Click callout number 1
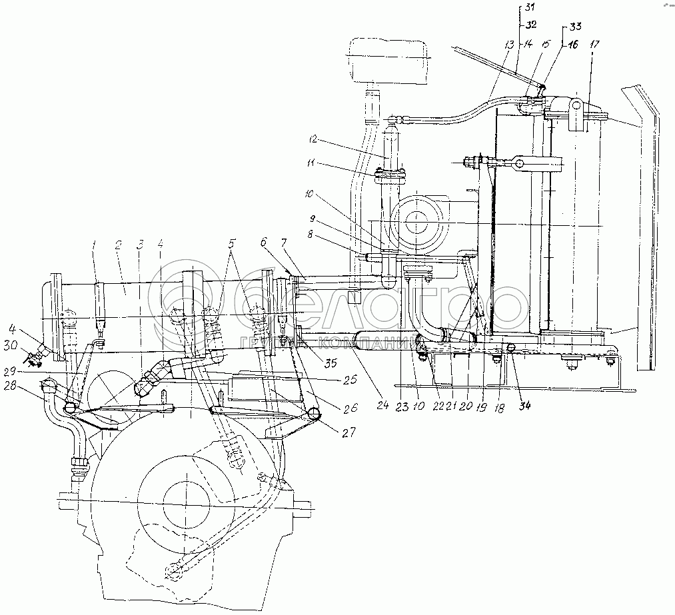point(94,245)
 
